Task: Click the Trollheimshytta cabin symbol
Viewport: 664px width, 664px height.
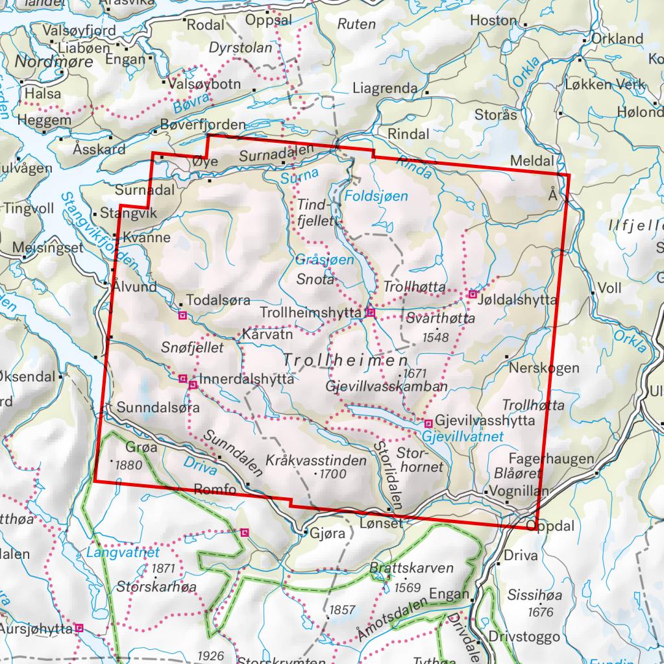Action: coord(371,313)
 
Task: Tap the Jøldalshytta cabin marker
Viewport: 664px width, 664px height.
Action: coord(473,295)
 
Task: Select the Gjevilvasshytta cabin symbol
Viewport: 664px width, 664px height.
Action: coord(428,423)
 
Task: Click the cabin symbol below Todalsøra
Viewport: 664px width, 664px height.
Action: coord(182,315)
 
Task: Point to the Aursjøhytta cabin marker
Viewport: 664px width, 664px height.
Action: coord(79,628)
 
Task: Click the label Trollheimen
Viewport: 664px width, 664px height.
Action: coord(346,360)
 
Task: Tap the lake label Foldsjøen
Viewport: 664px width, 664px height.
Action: coord(376,195)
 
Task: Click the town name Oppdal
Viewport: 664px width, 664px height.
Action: coord(556,527)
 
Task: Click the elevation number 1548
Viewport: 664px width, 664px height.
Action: coord(435,336)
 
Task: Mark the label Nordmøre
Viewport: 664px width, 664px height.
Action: coord(54,63)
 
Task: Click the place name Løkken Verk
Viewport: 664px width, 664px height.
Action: coord(604,84)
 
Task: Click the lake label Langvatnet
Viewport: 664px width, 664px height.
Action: coord(123,553)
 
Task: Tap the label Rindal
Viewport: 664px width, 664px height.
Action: coord(408,134)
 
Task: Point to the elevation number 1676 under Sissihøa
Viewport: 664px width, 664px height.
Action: coord(541,612)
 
